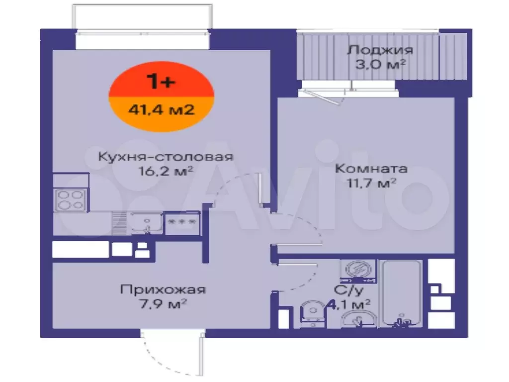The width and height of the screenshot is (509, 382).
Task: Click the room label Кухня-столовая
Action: (166, 157)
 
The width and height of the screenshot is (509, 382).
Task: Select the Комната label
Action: (371, 169)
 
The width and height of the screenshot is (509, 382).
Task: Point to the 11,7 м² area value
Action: (371, 183)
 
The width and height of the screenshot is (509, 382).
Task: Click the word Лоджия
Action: (380, 50)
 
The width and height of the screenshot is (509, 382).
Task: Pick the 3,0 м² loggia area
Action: (380, 64)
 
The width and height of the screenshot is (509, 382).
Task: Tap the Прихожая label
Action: (163, 289)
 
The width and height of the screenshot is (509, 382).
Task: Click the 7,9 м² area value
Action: (163, 304)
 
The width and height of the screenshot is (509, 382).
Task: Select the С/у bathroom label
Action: (348, 290)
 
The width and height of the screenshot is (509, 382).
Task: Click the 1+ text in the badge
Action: (161, 81)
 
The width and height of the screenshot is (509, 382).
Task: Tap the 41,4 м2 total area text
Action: (162, 109)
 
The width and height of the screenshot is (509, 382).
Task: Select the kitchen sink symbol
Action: (147, 223)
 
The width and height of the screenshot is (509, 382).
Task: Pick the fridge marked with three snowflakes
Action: (182, 223)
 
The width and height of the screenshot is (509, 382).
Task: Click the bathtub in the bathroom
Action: (402, 293)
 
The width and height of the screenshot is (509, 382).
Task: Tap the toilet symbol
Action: (313, 313)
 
